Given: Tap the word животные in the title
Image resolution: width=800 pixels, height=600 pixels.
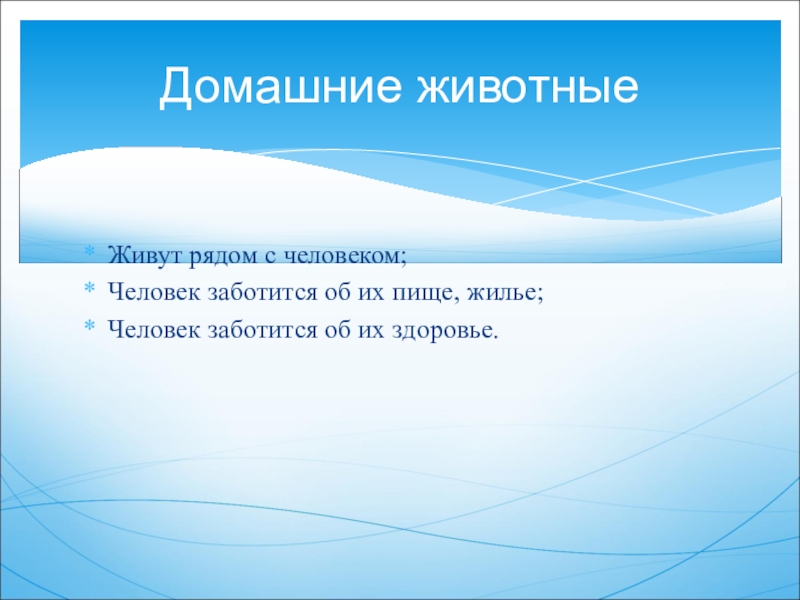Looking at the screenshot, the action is click(528, 85).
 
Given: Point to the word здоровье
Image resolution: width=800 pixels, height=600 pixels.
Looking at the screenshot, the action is click(443, 331).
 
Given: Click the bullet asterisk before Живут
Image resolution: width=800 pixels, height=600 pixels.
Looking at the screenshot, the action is click(89, 252).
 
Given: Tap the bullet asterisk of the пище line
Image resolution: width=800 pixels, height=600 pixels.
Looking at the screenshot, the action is click(89, 288).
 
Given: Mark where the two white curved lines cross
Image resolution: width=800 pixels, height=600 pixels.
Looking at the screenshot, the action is click(586, 181).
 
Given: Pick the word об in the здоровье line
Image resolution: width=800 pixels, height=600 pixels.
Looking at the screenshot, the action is click(337, 330).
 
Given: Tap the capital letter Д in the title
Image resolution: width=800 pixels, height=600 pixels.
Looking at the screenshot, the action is click(176, 87).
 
